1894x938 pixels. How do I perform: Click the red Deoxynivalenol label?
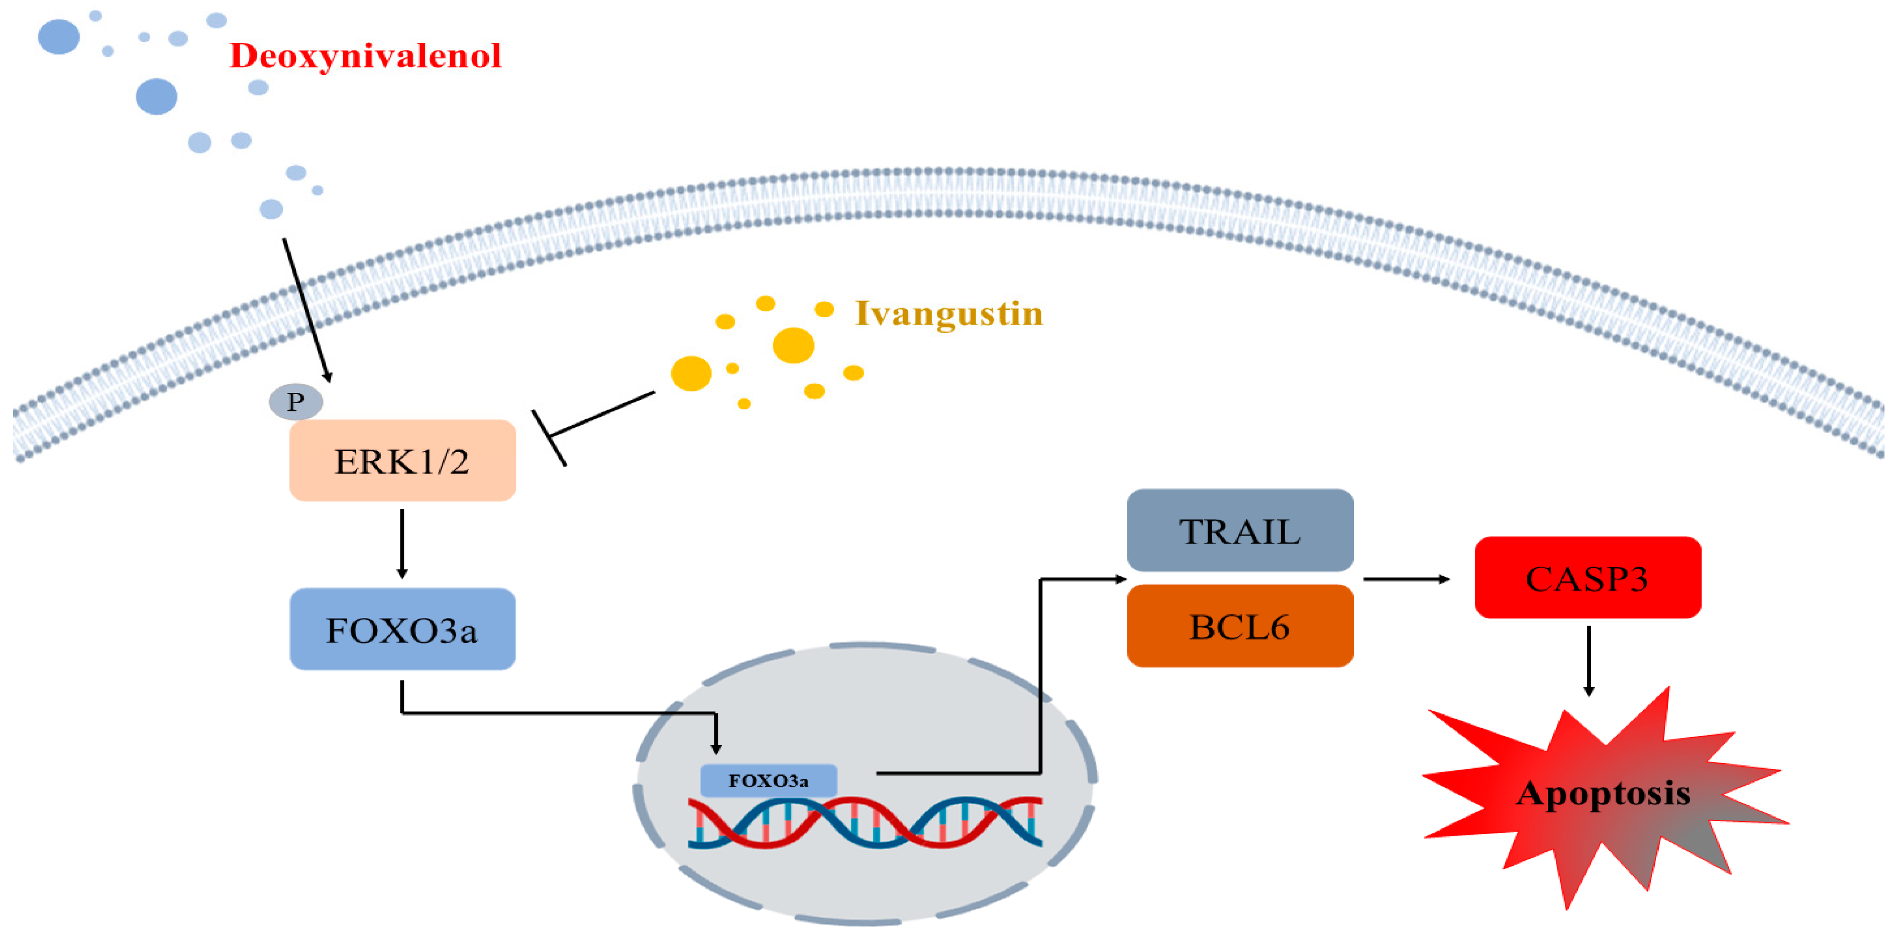[365, 56]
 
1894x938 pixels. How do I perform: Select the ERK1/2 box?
[402, 461]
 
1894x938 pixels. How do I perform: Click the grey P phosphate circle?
[295, 402]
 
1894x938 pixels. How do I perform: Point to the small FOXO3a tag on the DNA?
[768, 781]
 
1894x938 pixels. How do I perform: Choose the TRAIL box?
[1240, 530]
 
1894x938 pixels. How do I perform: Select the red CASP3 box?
[1587, 578]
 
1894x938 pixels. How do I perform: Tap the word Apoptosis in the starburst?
[1603, 793]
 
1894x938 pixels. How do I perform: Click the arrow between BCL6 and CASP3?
[1406, 579]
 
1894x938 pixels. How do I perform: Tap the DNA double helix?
[865, 822]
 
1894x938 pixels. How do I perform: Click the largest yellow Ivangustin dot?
[793, 345]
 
